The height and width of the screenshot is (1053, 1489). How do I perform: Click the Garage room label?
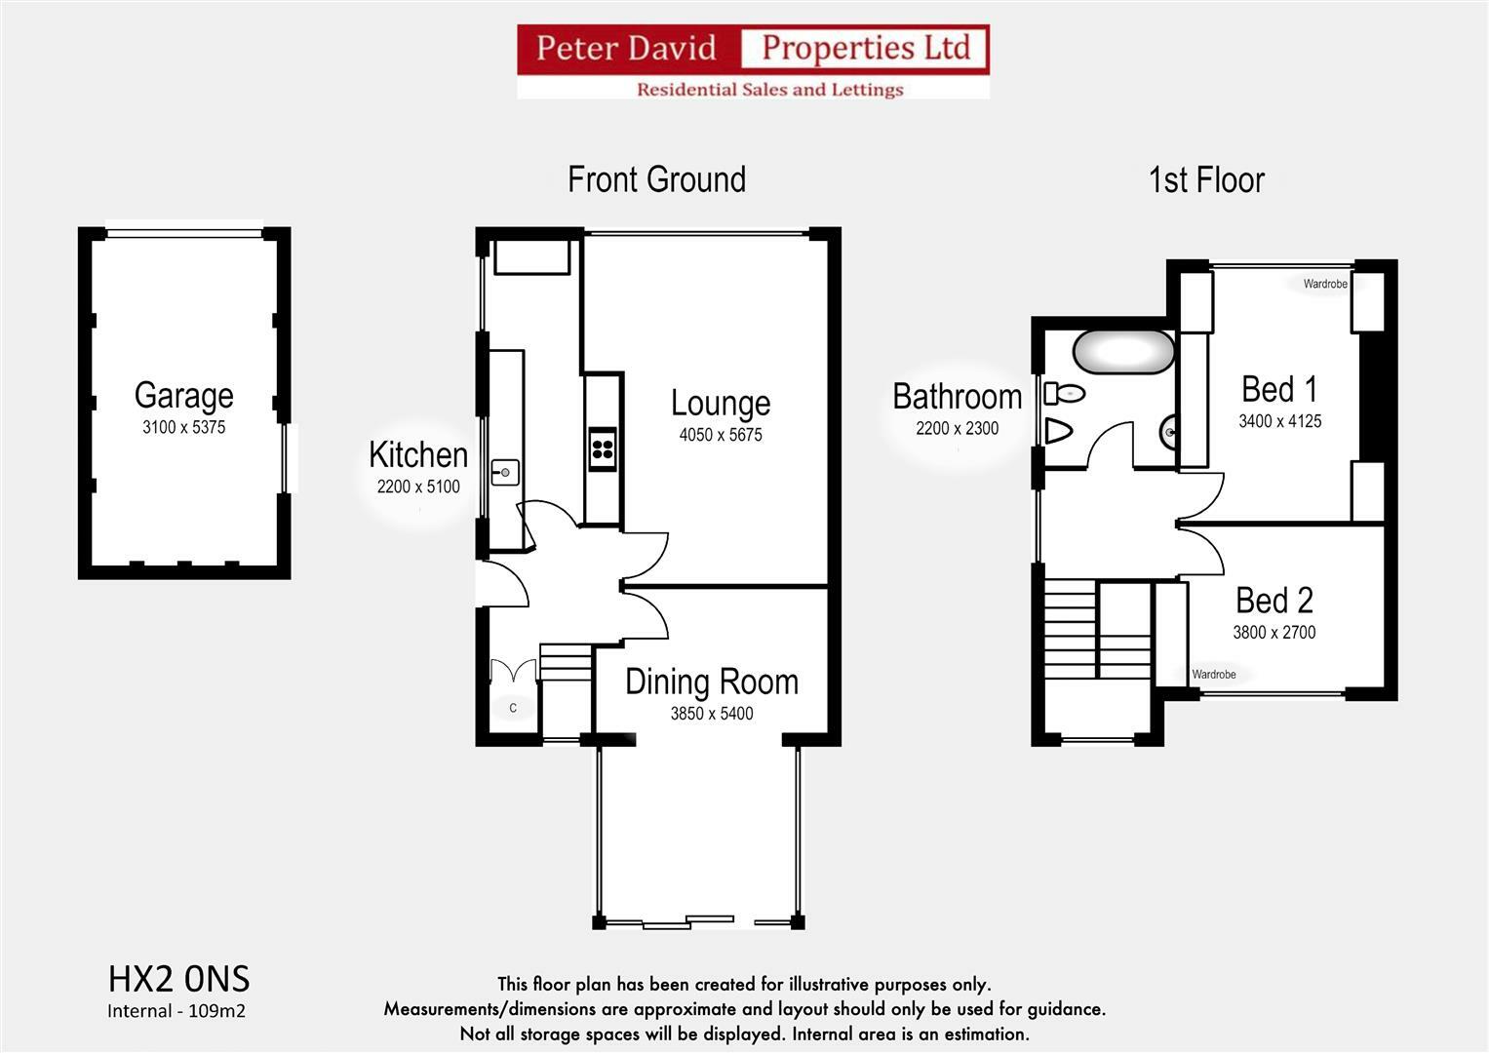tap(184, 396)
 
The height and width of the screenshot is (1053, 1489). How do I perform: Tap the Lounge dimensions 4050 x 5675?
tap(721, 435)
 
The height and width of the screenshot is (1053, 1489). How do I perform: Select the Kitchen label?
tap(418, 454)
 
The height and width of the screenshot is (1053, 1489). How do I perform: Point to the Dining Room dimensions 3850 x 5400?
tap(712, 714)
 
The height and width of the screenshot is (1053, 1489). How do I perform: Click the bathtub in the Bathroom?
tap(1123, 352)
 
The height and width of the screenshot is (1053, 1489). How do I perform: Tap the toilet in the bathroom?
tap(1064, 394)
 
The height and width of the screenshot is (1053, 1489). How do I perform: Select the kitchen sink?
tap(505, 473)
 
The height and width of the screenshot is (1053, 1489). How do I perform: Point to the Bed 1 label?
tap(1279, 390)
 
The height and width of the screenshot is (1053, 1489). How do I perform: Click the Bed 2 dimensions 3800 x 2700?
tap(1274, 632)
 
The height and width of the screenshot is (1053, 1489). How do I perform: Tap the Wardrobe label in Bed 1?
tap(1325, 284)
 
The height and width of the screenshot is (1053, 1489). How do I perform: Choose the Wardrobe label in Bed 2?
tap(1214, 674)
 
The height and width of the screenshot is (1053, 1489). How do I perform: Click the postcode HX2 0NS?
tap(178, 979)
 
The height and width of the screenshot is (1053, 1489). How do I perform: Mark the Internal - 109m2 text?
tap(176, 1011)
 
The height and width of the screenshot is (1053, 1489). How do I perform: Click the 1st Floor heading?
tap(1206, 180)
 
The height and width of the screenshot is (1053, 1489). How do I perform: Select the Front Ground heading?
tap(657, 179)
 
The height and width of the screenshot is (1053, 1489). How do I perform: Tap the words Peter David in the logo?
tap(626, 48)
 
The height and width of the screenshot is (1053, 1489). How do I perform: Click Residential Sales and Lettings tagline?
tap(769, 90)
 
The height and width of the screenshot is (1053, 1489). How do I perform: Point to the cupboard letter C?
tap(513, 708)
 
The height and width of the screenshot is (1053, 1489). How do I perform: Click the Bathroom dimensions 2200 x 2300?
tap(958, 429)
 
